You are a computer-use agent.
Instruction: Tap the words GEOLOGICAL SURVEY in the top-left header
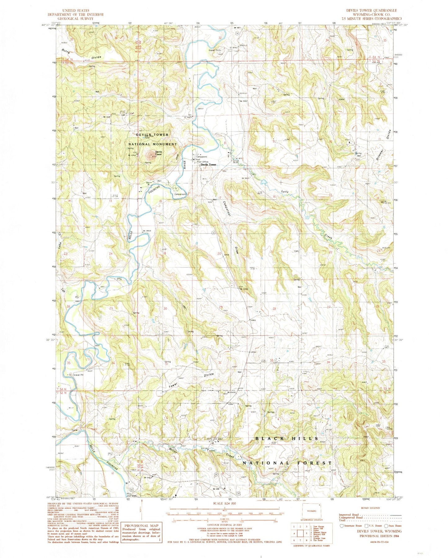coord(75,18)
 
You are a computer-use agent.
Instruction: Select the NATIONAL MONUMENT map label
coord(153,144)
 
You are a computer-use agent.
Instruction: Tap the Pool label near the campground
coord(197,159)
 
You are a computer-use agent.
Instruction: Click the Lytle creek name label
coord(285,192)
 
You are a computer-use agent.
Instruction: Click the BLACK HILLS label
coord(286,438)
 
